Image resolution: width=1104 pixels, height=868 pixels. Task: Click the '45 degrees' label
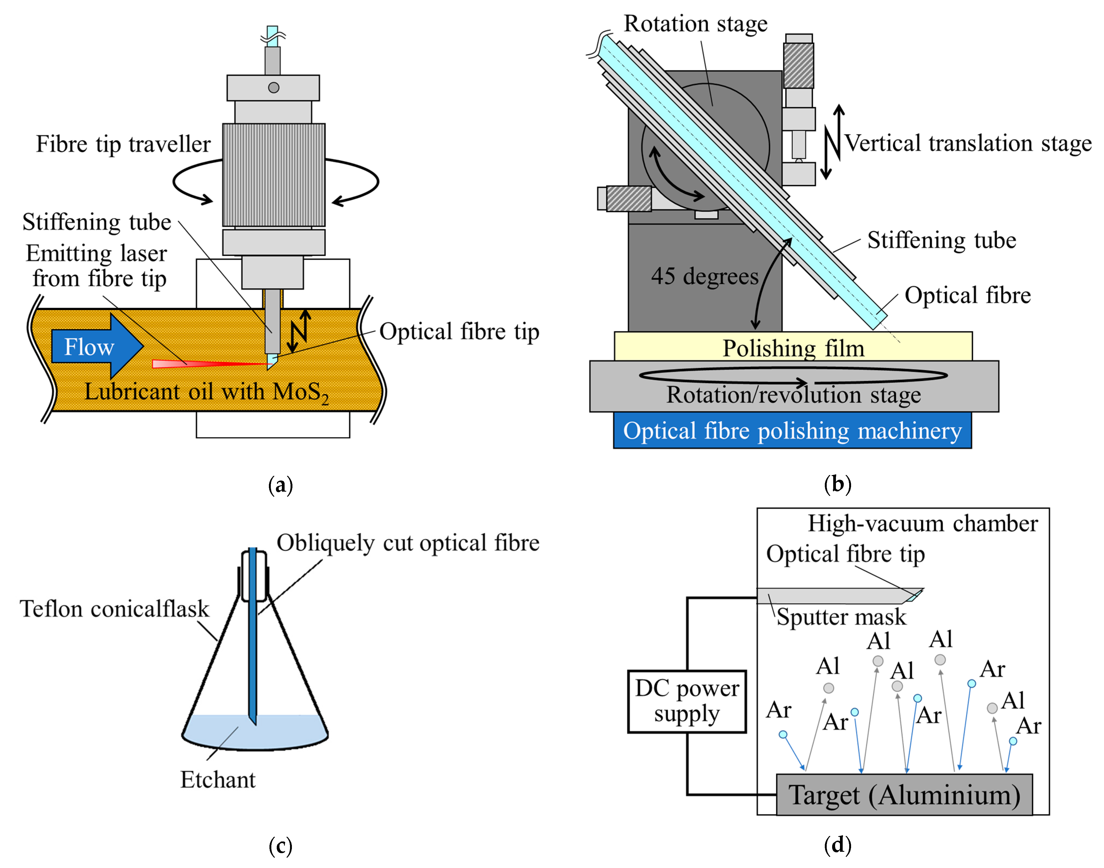pos(705,276)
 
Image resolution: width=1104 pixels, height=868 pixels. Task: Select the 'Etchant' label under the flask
pos(218,780)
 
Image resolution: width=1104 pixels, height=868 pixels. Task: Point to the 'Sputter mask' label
pos(841,616)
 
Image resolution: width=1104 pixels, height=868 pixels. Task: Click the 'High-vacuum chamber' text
pos(922,524)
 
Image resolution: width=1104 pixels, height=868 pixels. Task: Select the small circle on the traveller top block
pos(273,87)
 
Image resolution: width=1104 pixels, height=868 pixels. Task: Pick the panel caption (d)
pos(837,845)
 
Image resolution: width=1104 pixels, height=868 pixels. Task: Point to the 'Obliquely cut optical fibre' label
pos(407,543)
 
